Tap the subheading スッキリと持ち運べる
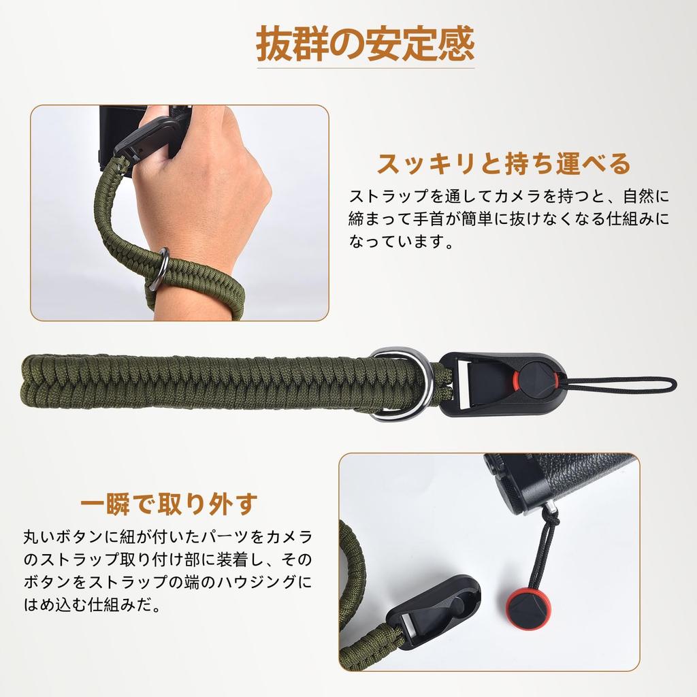(504, 163)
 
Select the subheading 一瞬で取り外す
(169, 504)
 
